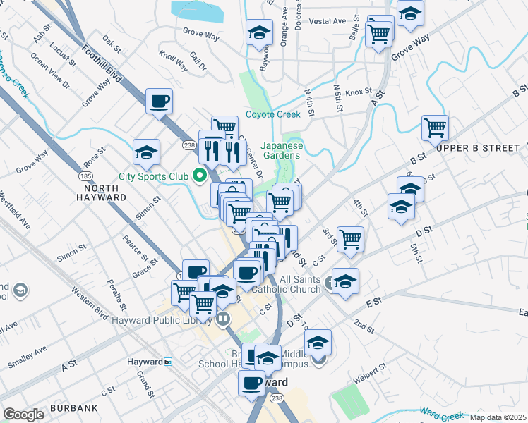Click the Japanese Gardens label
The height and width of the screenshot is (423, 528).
coord(282,150)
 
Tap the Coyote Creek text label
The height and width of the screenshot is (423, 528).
coord(273,115)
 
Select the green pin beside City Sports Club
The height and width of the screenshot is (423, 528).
coord(200,176)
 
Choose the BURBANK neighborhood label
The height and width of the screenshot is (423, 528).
coord(74,408)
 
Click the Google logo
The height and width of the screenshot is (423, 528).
coord(23,415)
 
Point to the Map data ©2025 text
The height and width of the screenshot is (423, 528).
coord(498,417)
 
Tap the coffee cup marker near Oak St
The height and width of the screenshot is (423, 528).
coord(159,100)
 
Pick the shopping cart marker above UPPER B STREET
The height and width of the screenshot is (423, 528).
coord(435,128)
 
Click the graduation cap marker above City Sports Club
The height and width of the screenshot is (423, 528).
coord(147,151)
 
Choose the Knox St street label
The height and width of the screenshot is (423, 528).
coord(359,92)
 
